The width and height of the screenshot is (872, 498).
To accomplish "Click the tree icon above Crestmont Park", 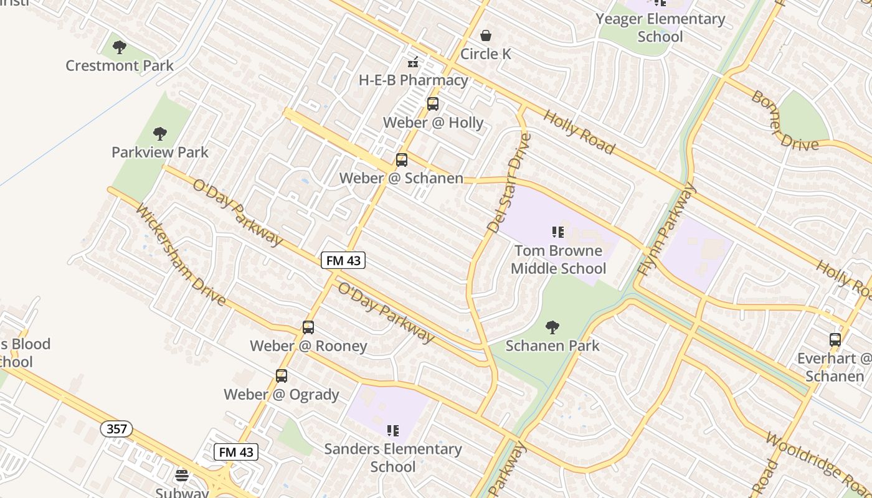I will (x=120, y=47).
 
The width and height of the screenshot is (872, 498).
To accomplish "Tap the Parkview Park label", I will (x=160, y=152).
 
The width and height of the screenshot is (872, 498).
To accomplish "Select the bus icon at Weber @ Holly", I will (x=432, y=104).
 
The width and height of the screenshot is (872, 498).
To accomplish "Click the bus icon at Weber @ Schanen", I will (x=402, y=160).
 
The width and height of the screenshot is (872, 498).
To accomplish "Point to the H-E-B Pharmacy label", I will (x=414, y=80).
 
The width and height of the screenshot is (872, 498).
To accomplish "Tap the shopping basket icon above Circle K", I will (x=486, y=35).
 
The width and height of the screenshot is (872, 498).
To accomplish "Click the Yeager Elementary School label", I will (x=660, y=27).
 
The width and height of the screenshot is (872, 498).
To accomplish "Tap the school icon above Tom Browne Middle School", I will (x=557, y=232).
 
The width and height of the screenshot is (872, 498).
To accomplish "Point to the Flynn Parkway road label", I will (x=666, y=230).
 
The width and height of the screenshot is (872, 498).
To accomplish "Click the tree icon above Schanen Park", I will (x=552, y=327).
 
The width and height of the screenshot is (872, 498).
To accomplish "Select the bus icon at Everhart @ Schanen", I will (x=835, y=340).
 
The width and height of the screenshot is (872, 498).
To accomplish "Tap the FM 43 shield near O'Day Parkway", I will (x=343, y=260).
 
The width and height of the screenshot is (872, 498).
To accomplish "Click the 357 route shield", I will (x=116, y=428).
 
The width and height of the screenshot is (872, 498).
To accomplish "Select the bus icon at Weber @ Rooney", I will (x=308, y=327).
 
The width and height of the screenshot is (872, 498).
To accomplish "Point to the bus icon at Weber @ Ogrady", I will (x=282, y=376).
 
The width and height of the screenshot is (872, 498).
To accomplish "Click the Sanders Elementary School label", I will (x=393, y=458).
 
